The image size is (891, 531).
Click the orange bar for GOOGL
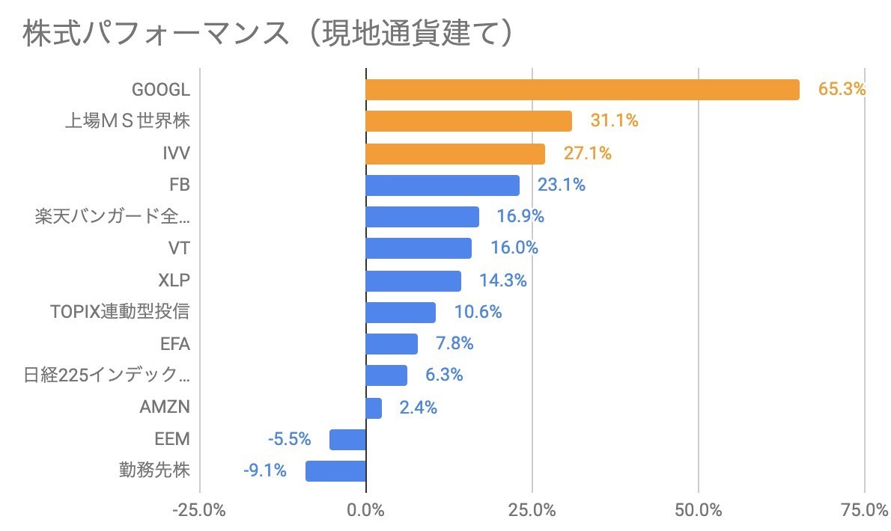point(582,90)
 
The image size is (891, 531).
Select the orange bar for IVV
point(455,154)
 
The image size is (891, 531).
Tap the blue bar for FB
point(442,185)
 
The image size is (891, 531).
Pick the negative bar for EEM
point(347,440)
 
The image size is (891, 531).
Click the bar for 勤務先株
point(335,471)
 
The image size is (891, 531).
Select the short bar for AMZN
point(374,408)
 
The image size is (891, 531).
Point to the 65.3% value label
point(842,90)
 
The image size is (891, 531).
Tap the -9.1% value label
point(265,471)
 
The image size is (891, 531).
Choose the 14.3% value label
point(503,281)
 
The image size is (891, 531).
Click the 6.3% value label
point(444,375)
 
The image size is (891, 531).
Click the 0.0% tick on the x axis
point(366,512)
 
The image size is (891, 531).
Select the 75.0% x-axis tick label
point(863,512)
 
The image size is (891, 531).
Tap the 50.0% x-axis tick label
point(697,512)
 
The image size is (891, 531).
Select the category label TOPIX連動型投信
point(121,313)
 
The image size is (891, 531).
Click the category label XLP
point(174,281)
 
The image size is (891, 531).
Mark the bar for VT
point(419,248)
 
